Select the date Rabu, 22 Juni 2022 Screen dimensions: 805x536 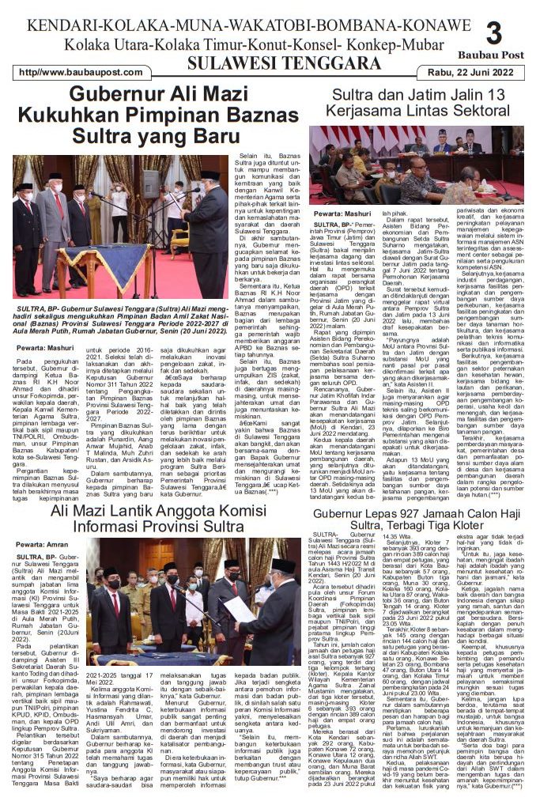pos(474,72)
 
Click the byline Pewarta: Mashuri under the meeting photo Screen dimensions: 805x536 pos(342,214)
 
